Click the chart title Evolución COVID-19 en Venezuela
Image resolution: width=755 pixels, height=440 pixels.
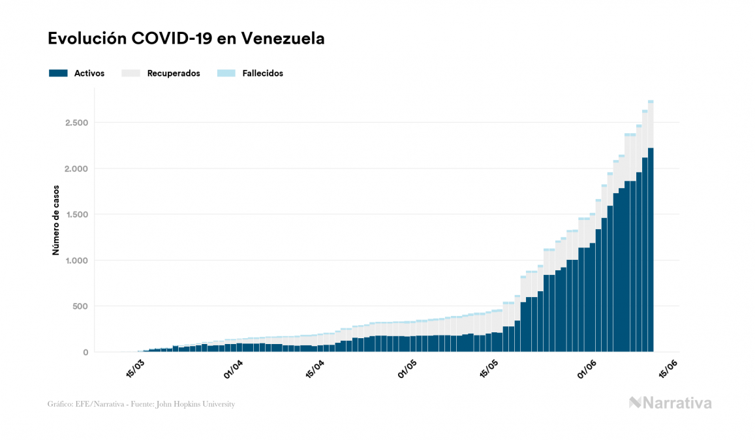[186, 39]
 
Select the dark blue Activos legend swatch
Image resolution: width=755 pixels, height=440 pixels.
[58, 74]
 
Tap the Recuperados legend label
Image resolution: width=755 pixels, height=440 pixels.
[174, 74]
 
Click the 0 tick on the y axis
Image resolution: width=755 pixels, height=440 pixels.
[85, 353]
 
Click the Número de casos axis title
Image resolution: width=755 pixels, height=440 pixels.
[56, 220]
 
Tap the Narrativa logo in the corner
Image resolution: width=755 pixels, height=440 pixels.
[670, 403]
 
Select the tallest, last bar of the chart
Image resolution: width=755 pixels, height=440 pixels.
[651, 248]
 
